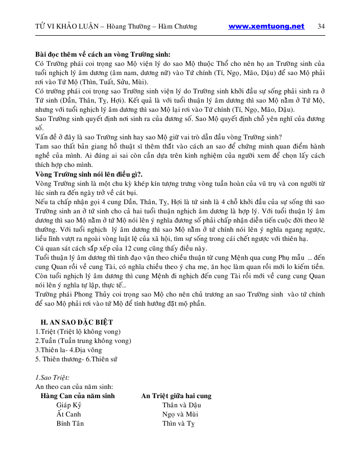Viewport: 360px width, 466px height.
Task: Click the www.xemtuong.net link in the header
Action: coord(266,27)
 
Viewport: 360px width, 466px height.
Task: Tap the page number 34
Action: coord(321,27)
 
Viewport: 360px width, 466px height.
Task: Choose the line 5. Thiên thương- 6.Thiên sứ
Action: coord(76,359)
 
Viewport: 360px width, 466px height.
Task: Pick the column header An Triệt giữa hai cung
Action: coord(176,396)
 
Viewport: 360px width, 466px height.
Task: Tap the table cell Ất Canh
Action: coord(69,414)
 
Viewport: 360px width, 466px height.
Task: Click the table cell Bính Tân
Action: coord(70,423)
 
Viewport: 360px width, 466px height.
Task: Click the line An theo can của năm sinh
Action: coord(74,386)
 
